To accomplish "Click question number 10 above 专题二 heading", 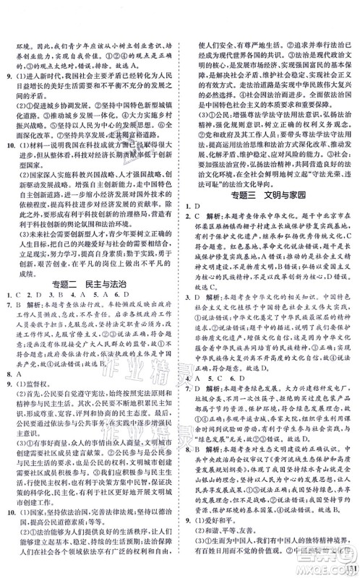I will pyautogui.click(x=10, y=165).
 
